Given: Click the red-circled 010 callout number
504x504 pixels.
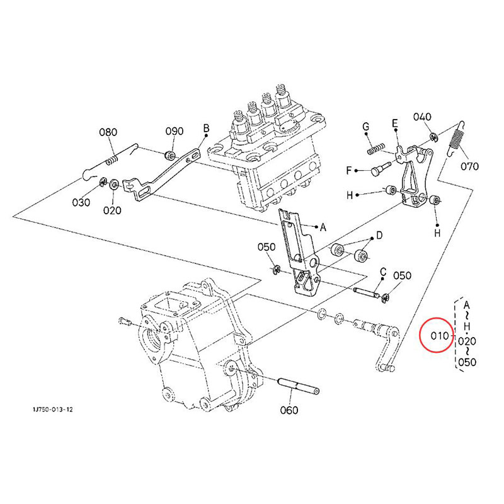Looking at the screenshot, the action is [x=439, y=336].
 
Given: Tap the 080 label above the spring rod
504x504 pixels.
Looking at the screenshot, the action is [x=108, y=132].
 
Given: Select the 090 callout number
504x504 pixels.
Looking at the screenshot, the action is [x=175, y=131].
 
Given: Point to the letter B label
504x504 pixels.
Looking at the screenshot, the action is [x=207, y=129].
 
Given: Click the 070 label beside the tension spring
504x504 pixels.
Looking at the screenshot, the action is [x=469, y=166].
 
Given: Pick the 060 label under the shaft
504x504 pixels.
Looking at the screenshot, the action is [x=289, y=410].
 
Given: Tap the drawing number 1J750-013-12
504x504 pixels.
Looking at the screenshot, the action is [x=52, y=409].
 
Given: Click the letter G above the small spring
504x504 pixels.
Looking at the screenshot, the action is [x=366, y=127].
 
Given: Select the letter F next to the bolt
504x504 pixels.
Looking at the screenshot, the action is [x=349, y=170].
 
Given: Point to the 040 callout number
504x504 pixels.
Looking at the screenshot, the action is [x=422, y=117].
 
